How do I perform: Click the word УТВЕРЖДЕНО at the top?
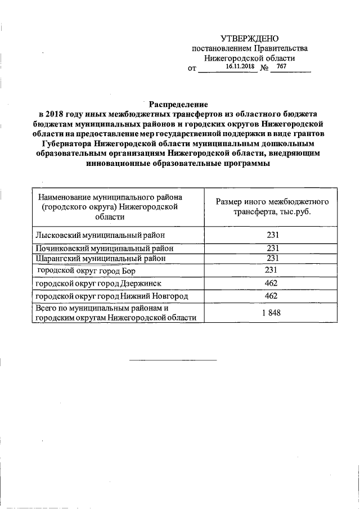tap(249, 39)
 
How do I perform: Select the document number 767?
tap(282, 66)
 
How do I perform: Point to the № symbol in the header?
tap(263, 69)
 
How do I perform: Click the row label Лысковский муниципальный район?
tap(101, 235)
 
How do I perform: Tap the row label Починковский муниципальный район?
tap(104, 248)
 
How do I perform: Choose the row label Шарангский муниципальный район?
tap(101, 258)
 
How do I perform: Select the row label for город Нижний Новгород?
tap(111, 296)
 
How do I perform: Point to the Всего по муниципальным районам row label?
tap(116, 313)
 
